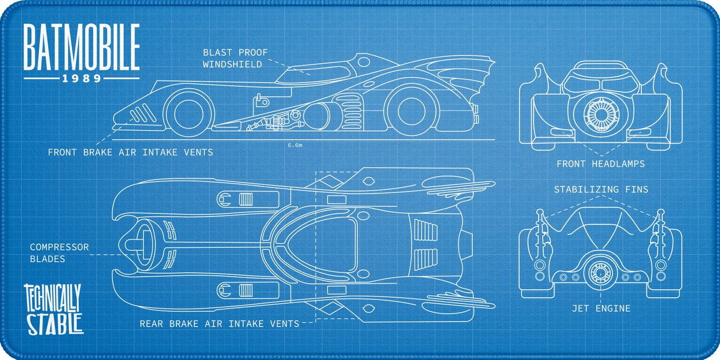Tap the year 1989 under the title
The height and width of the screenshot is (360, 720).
click(82, 79)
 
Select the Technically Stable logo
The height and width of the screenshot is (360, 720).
click(54, 309)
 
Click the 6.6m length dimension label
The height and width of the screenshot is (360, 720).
click(295, 145)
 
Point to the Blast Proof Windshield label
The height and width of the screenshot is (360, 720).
click(235, 58)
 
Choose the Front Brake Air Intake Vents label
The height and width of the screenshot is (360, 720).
click(131, 152)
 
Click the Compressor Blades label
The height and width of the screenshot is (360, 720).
click(59, 253)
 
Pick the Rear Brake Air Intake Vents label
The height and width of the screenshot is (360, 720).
click(219, 324)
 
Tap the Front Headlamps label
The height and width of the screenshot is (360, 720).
click(600, 164)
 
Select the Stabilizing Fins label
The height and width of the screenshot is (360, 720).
click(601, 189)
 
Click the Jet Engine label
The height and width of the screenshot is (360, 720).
click(601, 309)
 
